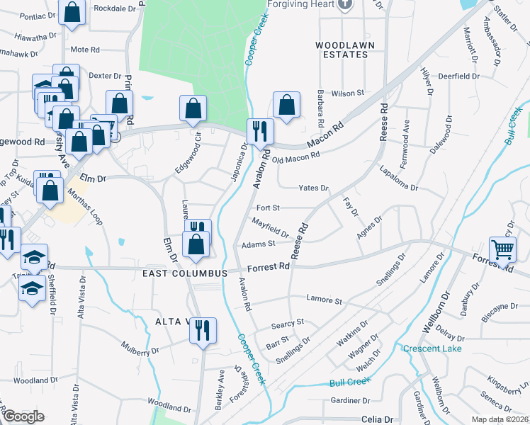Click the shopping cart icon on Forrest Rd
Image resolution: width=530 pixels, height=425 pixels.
(502, 249)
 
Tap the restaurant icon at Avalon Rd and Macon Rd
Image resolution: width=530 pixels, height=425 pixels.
(259, 130)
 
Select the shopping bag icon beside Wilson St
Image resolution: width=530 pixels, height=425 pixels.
(286, 105)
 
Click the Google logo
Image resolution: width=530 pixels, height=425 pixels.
(23, 416)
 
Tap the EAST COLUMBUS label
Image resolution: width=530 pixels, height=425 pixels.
(184, 273)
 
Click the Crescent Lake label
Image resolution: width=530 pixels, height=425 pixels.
(432, 348)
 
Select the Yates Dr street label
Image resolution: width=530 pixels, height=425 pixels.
(313, 188)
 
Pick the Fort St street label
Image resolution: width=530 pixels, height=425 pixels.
(268, 208)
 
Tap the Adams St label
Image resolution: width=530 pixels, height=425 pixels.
(258, 244)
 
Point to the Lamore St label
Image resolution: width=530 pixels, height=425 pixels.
(323, 300)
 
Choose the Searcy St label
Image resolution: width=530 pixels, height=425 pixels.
(287, 324)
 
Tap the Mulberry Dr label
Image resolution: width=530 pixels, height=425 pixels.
(140, 350)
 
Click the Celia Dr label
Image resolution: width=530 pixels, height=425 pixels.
(377, 419)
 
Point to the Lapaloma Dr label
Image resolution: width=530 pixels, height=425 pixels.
(398, 181)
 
